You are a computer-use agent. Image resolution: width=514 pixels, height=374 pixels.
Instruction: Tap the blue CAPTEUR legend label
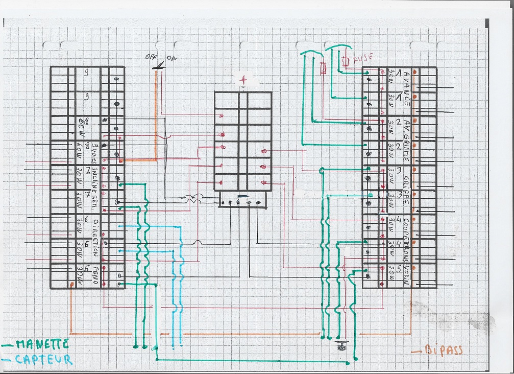point(43,359)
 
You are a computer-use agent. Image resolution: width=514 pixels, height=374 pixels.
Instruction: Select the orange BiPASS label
point(443,350)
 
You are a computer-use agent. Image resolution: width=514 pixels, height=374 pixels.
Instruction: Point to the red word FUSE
point(363,57)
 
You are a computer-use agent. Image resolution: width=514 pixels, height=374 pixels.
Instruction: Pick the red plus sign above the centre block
point(246,80)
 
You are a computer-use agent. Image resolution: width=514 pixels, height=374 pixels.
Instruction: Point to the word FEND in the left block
point(95,275)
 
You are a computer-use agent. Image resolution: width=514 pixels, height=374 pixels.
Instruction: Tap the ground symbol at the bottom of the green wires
point(341,347)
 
